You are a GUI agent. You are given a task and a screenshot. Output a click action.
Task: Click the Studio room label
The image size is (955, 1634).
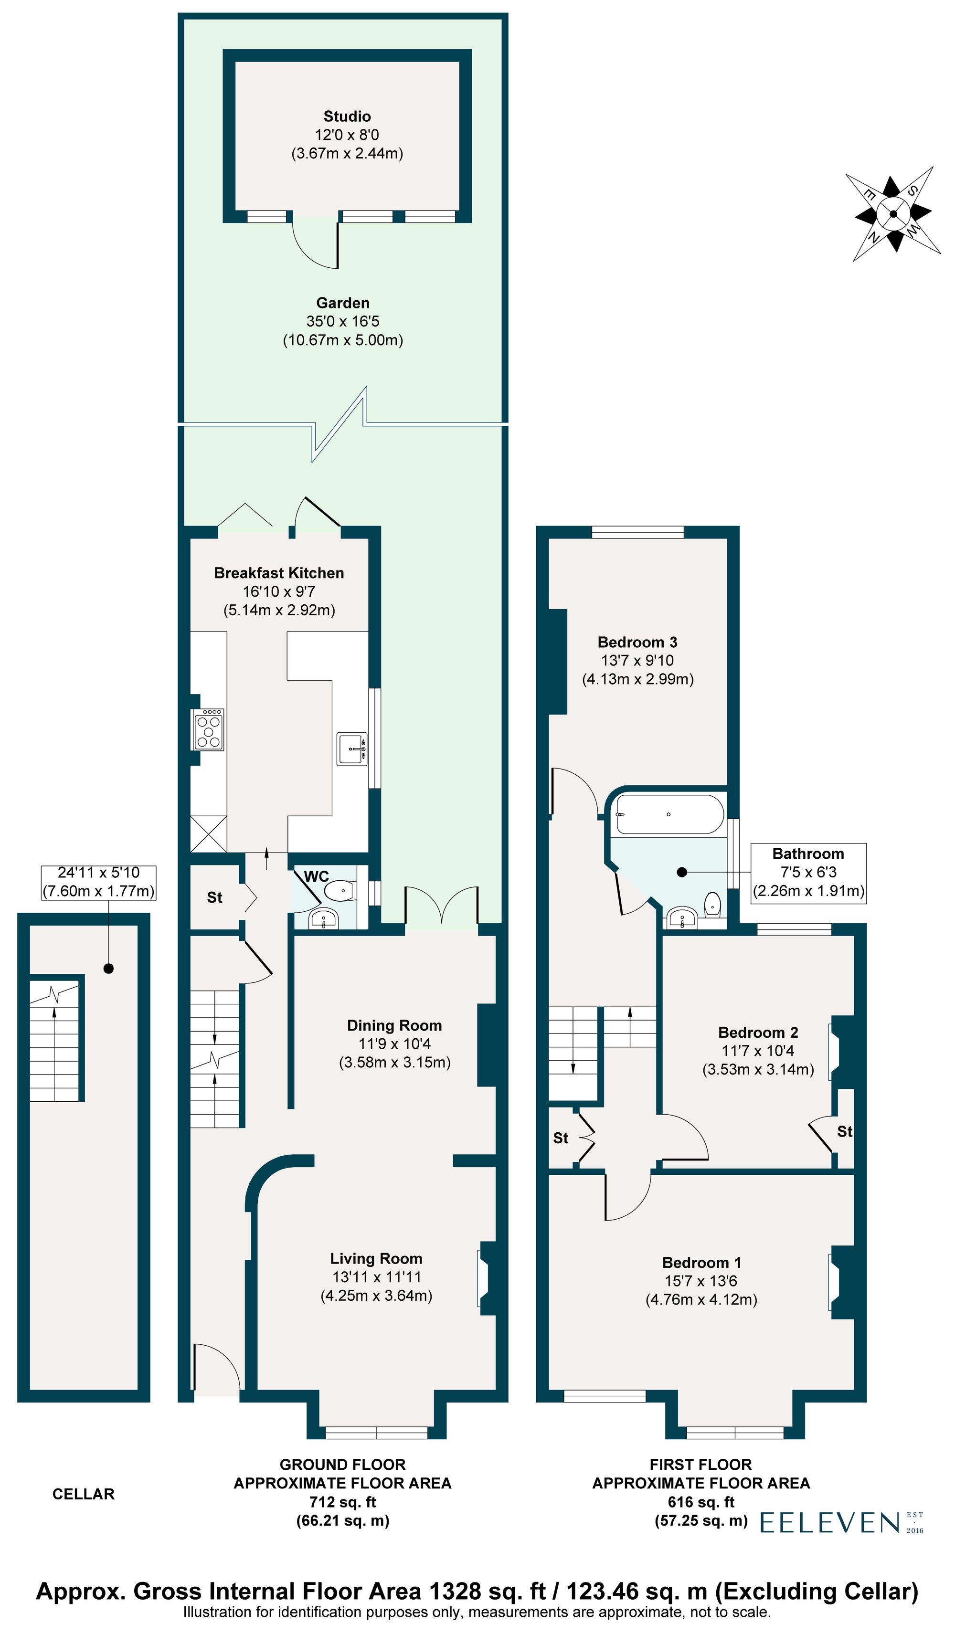347,116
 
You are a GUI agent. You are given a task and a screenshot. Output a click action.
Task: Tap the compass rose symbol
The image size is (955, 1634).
893,214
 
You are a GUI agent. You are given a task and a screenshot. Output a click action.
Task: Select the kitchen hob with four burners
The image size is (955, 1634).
208,730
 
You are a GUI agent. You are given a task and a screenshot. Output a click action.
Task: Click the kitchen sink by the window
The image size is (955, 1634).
351,749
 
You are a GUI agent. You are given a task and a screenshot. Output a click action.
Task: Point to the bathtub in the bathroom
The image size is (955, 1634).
669,814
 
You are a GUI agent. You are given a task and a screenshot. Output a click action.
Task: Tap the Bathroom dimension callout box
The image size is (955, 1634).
808,872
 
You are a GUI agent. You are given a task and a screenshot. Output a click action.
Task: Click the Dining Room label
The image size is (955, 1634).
394,1025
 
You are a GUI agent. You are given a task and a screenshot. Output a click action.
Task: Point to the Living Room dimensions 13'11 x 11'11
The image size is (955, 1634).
376,1277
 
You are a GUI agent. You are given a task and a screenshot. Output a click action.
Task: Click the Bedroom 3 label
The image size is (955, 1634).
637,642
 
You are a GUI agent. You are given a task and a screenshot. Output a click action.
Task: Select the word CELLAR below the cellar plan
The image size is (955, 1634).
83,1494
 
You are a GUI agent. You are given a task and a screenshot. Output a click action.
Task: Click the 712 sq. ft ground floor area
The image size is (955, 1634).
342,1502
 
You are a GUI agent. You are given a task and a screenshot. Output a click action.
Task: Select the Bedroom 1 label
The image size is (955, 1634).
701,1263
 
